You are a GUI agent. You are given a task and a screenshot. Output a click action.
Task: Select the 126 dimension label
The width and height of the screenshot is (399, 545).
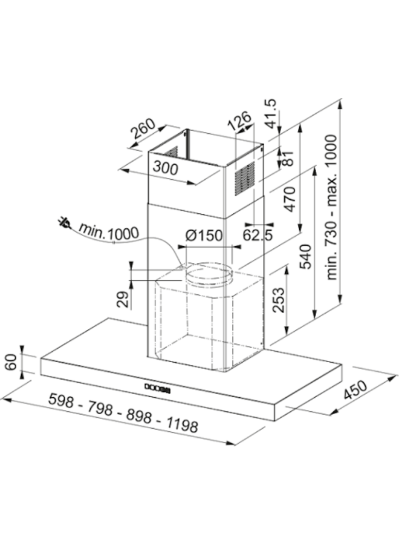coord(239,121)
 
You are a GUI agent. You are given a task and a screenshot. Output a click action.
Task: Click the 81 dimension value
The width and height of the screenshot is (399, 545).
coord(288,158)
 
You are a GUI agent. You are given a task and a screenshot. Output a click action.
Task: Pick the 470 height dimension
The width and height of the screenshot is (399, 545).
coord(290,199)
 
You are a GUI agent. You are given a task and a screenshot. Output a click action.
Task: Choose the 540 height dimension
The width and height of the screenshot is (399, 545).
coord(305,257)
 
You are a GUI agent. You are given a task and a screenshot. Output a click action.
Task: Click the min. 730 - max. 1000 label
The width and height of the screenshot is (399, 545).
coord(332,207)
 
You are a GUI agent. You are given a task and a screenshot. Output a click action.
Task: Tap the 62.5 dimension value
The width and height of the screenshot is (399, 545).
coord(258,236)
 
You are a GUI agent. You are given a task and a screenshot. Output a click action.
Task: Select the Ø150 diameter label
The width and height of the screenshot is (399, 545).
coord(204,236)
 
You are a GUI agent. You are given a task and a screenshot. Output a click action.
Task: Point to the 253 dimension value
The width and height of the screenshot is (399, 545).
coord(278,300)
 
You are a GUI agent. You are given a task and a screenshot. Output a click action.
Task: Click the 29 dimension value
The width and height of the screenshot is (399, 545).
coord(123,300)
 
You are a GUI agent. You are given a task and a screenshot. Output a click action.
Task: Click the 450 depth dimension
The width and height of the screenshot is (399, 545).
coord(355,391)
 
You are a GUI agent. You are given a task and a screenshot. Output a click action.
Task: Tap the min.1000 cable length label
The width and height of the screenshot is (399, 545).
coord(109,231)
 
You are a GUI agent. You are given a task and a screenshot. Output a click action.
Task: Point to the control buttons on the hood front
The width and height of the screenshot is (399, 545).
coord(158,388)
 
